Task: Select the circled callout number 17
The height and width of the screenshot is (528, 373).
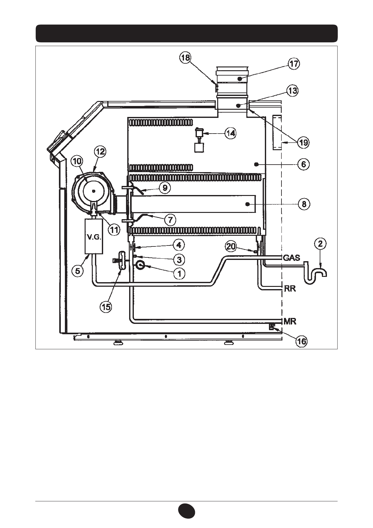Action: (294, 64)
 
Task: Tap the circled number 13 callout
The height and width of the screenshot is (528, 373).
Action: (292, 91)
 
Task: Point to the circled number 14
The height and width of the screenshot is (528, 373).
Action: (230, 134)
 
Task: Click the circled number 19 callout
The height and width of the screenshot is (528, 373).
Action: (303, 142)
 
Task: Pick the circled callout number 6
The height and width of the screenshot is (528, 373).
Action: (303, 164)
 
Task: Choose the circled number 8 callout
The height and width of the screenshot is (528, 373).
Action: (304, 204)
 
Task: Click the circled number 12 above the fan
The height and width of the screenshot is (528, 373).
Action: (100, 151)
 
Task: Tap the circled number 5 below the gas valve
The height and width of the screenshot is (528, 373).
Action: (77, 271)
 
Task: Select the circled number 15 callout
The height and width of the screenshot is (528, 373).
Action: (106, 307)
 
